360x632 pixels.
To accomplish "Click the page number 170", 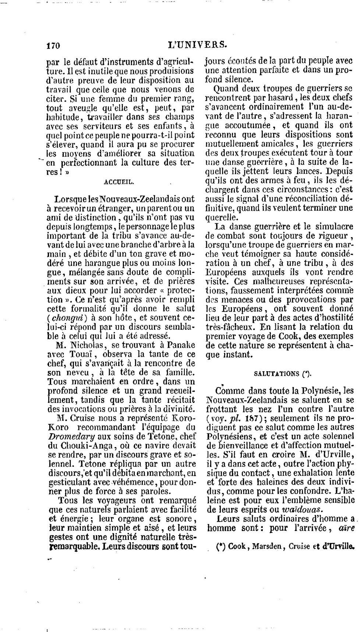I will (x=53, y=45).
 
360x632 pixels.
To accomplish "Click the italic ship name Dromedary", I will (x=67, y=436).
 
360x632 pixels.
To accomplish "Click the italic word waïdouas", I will (x=301, y=510).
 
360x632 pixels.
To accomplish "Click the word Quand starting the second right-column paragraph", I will (x=226, y=88).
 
